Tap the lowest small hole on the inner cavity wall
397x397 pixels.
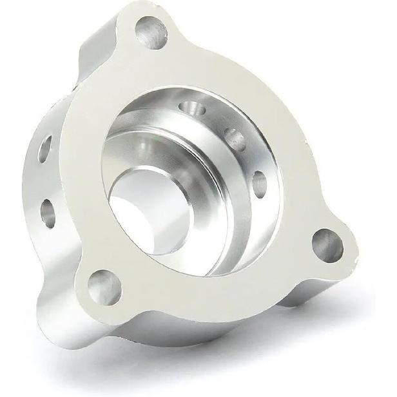(260, 184)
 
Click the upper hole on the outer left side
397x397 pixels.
(45, 149)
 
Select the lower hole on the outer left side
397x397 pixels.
(48, 213)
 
